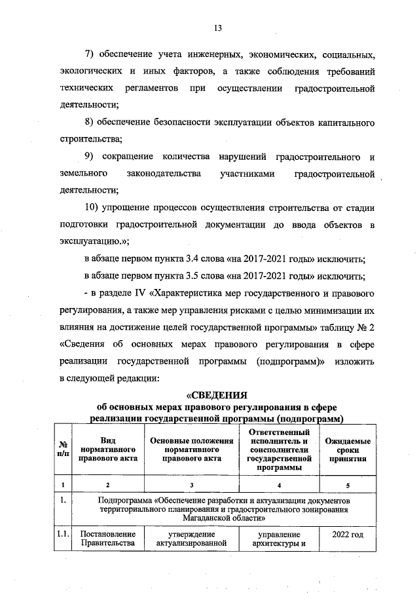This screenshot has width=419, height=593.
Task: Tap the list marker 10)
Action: pos(93,208)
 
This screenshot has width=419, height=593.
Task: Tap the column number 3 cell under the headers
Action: pos(191,485)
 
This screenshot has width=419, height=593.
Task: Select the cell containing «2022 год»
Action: pos(348,536)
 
